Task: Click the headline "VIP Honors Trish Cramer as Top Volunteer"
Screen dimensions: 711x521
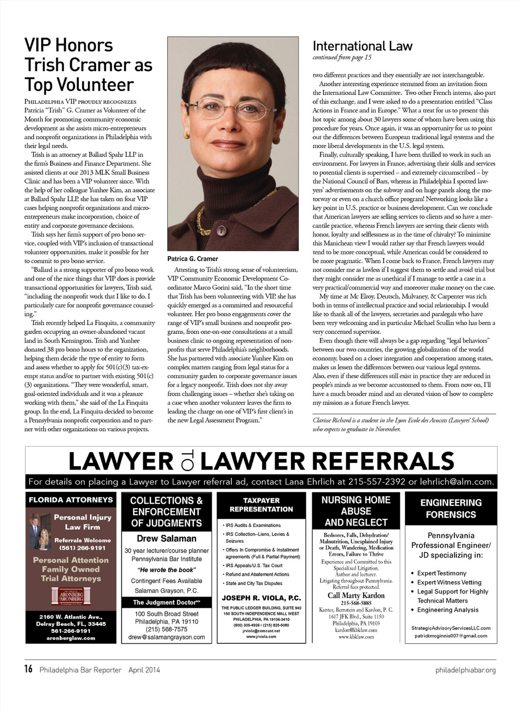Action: click(x=88, y=65)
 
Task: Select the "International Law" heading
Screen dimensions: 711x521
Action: click(x=363, y=46)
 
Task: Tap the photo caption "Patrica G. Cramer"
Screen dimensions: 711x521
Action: click(x=193, y=259)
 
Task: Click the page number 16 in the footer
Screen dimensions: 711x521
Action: click(x=28, y=669)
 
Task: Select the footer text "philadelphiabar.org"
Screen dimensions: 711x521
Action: click(x=465, y=670)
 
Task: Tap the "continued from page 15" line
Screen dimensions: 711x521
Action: click(x=342, y=58)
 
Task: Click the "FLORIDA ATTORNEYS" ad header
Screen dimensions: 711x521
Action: click(x=71, y=499)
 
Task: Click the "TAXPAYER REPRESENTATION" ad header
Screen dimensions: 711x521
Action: click(x=261, y=505)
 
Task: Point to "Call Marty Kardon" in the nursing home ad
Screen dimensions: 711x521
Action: click(x=356, y=595)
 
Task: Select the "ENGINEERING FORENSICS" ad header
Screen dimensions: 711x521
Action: click(x=450, y=509)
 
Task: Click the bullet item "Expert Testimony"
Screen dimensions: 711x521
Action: click(x=442, y=573)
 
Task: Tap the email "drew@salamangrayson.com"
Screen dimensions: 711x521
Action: click(x=167, y=637)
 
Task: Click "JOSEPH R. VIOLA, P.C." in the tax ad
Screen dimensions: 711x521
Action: click(x=261, y=598)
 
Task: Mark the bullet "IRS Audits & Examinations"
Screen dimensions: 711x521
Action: click(x=253, y=525)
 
